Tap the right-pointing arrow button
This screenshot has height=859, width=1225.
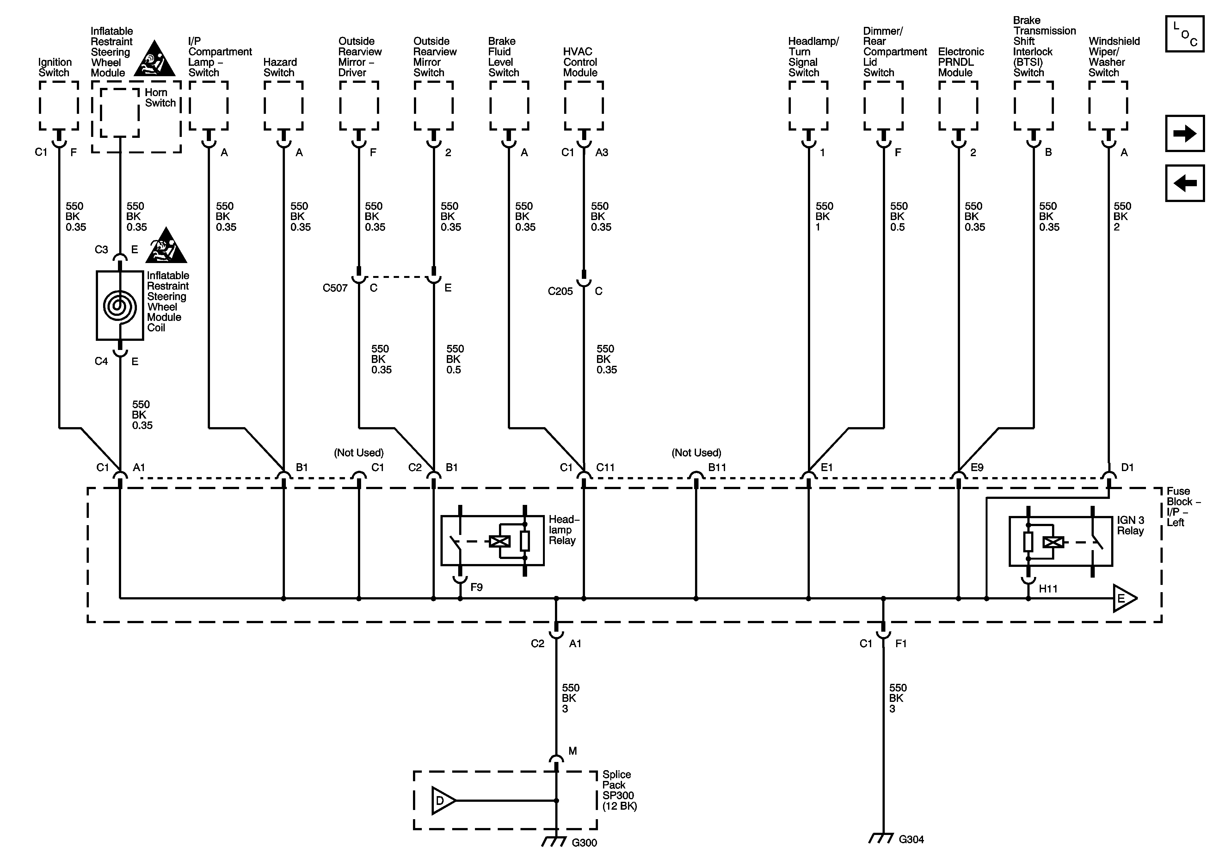point(1185,133)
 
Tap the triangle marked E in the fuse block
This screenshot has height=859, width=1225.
point(1123,598)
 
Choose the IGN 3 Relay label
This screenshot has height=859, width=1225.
point(1130,525)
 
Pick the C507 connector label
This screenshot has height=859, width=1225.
point(335,288)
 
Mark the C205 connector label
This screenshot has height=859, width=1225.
point(560,291)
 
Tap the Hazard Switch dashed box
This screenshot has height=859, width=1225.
point(283,106)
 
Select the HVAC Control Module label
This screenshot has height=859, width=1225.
point(581,62)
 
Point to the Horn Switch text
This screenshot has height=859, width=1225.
point(160,98)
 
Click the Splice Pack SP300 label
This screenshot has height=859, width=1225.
point(619,790)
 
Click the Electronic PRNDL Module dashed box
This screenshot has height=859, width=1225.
point(958,106)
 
